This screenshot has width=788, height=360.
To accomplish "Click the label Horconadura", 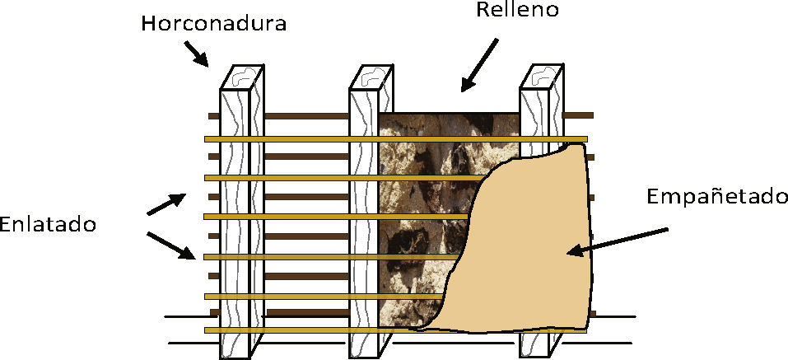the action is click(x=213, y=23).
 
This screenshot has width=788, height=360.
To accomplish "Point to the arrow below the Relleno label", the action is click(x=479, y=63).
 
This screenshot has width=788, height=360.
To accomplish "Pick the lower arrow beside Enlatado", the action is click(x=172, y=245).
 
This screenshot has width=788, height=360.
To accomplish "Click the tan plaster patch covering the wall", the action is click(x=527, y=247).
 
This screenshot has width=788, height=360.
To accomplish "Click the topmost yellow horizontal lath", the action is click(x=305, y=138).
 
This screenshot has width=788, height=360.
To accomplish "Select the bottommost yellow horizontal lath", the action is click(x=305, y=330).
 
